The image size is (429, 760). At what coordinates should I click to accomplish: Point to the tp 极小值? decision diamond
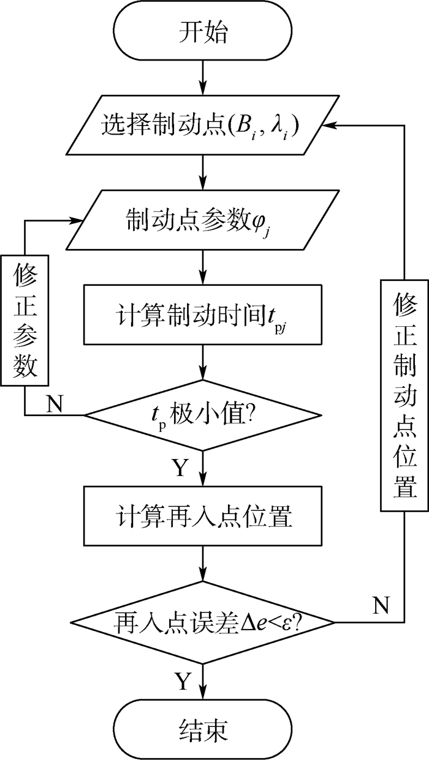coord(202,415)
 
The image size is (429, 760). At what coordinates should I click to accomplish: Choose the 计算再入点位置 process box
coord(202,516)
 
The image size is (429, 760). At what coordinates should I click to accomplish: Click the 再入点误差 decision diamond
coord(202,622)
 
